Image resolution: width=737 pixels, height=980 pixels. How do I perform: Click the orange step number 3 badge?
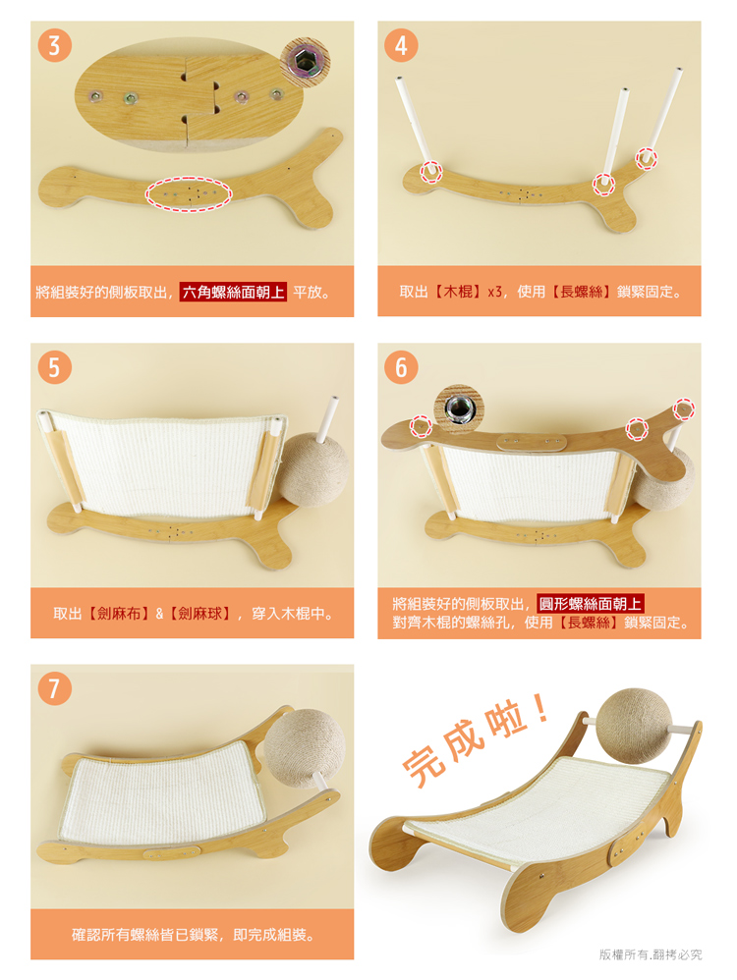pos(54,45)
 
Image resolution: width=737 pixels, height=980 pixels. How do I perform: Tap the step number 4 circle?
pos(401,45)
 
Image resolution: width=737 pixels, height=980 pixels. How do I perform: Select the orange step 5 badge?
pos(54,367)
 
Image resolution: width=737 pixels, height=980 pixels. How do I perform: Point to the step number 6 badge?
pos(401,367)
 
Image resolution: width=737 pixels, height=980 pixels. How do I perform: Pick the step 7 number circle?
pos(54,688)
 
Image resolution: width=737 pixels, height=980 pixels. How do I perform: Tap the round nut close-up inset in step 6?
pos(459,408)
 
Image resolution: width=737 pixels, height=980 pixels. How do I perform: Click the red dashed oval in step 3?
pos(189,193)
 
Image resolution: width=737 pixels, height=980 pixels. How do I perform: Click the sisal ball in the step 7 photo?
pos(304,747)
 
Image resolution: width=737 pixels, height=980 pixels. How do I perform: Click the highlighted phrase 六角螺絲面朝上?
pos(233,292)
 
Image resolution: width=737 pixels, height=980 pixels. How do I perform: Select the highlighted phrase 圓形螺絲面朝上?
pos(590,604)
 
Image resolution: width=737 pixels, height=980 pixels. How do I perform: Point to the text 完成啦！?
pos(477,737)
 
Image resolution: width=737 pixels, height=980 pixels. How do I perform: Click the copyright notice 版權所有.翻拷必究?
pos(651,953)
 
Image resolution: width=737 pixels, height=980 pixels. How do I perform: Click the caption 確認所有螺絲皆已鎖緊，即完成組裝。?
pos(193,935)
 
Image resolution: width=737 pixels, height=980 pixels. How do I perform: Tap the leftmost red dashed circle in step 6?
pos(421,425)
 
